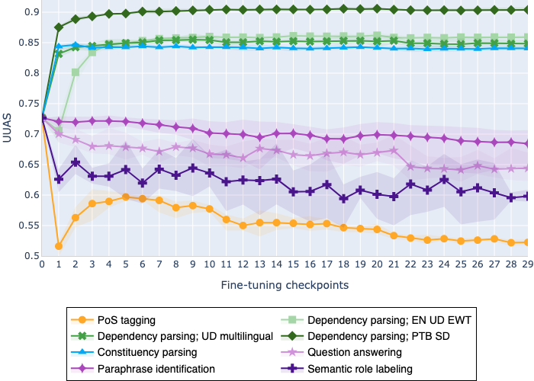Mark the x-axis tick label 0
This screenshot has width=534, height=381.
click(x=42, y=264)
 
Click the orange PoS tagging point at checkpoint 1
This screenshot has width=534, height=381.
click(x=59, y=245)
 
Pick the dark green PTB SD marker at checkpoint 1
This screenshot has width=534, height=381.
click(x=59, y=27)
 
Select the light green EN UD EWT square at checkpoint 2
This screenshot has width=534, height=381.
click(x=76, y=72)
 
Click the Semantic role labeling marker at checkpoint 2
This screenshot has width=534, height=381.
click(x=76, y=162)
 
